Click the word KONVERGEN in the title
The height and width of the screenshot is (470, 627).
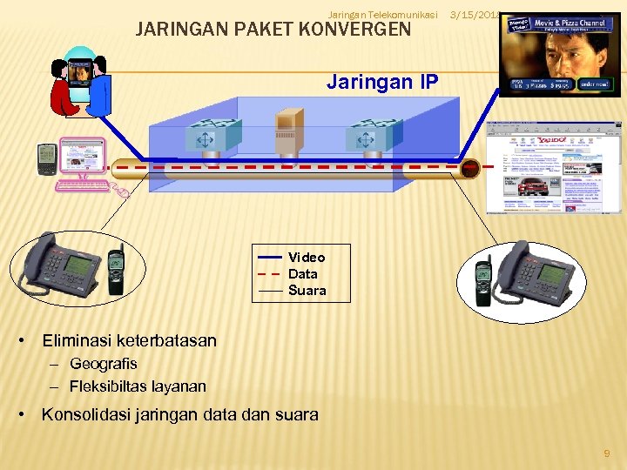354,30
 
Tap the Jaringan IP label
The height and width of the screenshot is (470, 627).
382,82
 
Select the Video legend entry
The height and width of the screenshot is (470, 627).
307,258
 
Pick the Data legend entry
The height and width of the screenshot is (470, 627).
303,274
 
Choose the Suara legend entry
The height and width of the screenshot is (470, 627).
307,291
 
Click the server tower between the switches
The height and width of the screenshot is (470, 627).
287,135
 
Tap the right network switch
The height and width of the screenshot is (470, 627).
373,136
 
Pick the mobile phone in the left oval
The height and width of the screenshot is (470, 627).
115,271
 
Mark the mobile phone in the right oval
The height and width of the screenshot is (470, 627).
483,279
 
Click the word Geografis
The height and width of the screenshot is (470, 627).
104,364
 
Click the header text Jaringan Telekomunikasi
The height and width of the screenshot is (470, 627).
383,12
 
